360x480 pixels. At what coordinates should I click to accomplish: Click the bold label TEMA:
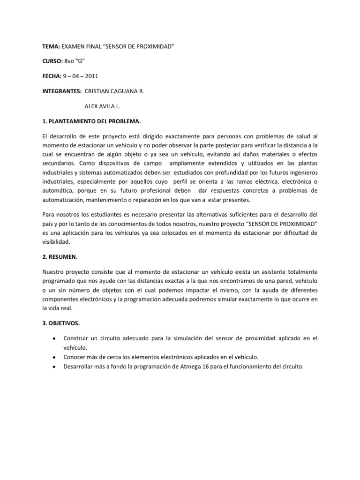click(x=49, y=47)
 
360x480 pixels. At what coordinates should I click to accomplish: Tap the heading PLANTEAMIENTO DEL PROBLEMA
click(x=94, y=121)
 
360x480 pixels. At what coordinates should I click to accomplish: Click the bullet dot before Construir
click(x=56, y=338)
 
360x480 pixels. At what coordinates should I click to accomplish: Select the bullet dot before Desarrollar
click(x=56, y=367)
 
